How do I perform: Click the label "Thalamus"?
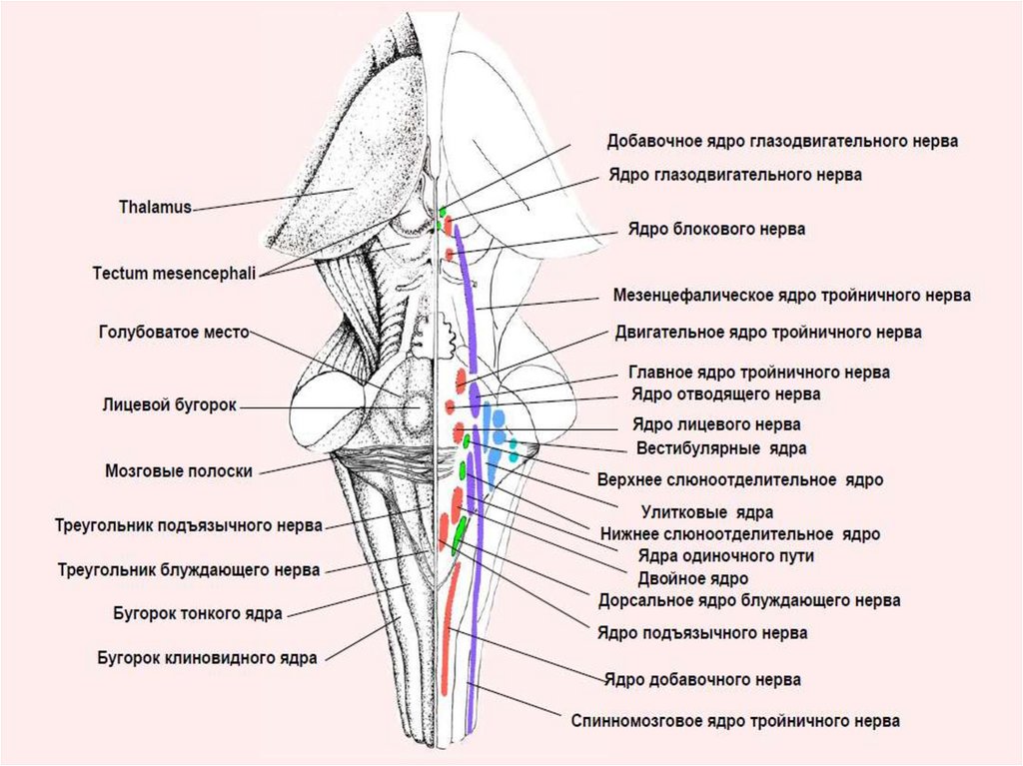click(x=155, y=208)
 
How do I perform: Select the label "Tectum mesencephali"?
click(x=174, y=272)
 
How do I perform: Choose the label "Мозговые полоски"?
click(x=178, y=470)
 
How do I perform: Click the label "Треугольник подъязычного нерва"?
click(x=188, y=524)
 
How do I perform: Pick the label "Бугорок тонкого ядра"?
click(x=197, y=612)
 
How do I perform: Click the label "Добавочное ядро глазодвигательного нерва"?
click(x=782, y=141)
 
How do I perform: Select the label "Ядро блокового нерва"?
click(x=716, y=229)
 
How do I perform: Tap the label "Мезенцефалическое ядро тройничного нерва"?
click(x=791, y=296)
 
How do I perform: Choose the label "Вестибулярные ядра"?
click(x=721, y=448)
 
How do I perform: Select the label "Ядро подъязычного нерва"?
click(x=702, y=632)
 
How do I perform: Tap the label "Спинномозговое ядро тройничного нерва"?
click(x=735, y=720)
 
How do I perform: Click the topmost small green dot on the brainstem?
click(x=443, y=211)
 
